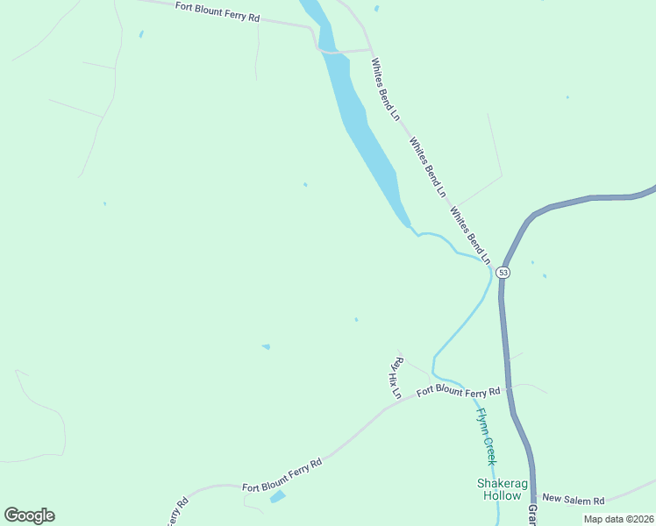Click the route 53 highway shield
pos(503,273)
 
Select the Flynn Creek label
pos(487,437)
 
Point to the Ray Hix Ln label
pos(396,378)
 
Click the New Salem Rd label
pos(574,500)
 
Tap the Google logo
pos(29,515)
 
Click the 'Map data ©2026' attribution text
pos(618,519)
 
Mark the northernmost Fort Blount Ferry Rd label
pos(217,11)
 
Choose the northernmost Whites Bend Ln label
pos(385,89)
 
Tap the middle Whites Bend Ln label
pos(428,167)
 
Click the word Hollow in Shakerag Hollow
pos(503,495)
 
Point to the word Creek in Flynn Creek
pos(490,449)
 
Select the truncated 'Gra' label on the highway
pos(531,514)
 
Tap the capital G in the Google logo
pos(11,515)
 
